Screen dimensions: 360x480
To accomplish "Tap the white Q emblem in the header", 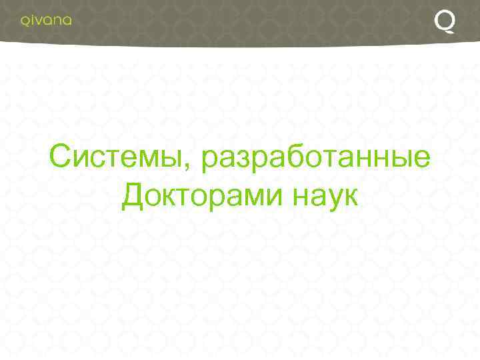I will coord(445,21).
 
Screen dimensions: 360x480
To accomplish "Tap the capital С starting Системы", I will coord(60,158).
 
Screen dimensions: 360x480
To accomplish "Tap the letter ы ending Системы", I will coord(177,161).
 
